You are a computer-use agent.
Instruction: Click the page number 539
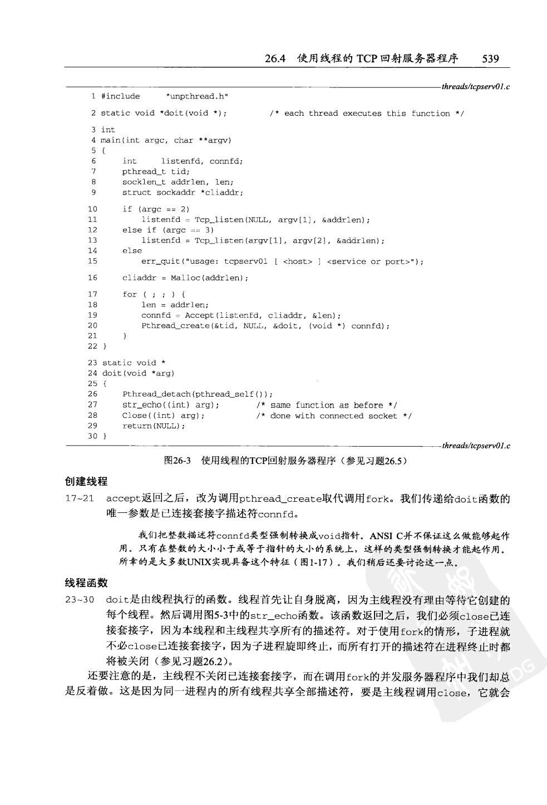coord(490,58)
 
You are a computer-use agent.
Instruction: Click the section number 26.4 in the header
coord(275,58)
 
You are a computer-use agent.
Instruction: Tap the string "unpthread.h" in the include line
coord(197,96)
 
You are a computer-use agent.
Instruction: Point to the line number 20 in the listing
coord(92,325)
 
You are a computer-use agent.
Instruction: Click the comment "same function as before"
coord(326,405)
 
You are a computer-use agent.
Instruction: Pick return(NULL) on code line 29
coord(153,426)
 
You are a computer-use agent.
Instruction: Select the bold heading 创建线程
coord(86,482)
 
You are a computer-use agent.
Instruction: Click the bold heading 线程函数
coord(86,583)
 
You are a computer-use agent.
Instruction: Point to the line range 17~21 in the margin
coord(80,498)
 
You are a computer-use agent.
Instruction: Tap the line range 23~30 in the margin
coord(80,600)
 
